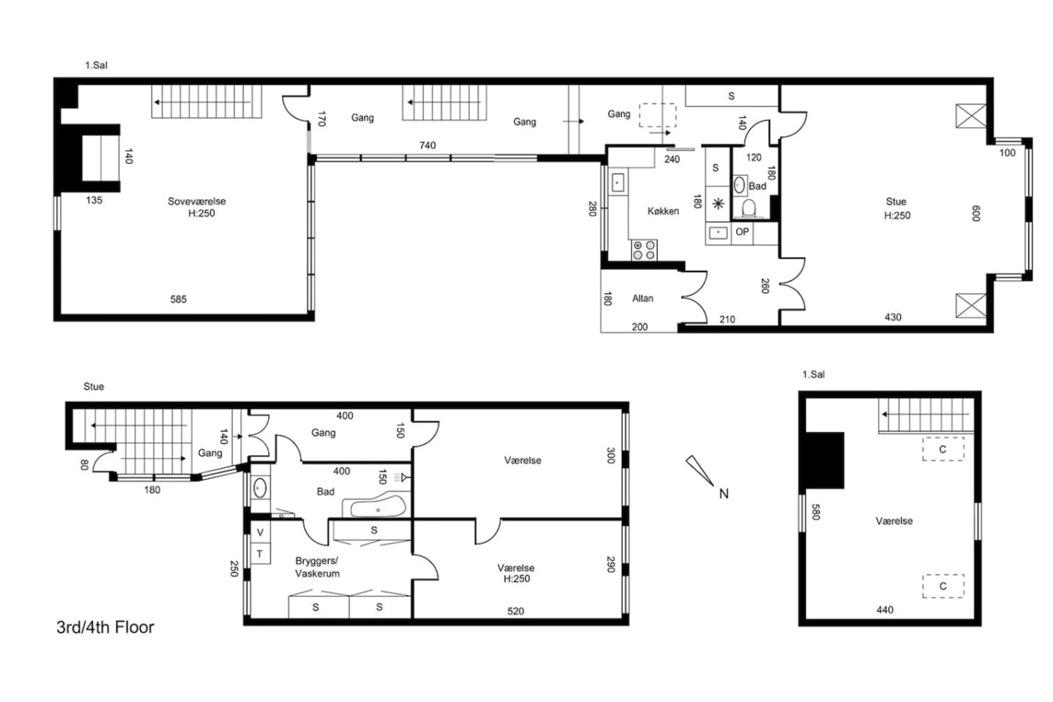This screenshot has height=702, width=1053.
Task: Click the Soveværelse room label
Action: [x=197, y=202]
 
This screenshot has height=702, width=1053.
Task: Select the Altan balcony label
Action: [x=642, y=298]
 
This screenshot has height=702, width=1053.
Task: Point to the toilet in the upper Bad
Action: [x=749, y=209]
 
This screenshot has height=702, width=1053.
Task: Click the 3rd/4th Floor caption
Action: [x=105, y=627]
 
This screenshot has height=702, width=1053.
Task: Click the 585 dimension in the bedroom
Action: [x=178, y=299]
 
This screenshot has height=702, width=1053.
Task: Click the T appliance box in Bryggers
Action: [x=260, y=554]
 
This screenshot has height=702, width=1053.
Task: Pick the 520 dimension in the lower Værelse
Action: [x=516, y=611]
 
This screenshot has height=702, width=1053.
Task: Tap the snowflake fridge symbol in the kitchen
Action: [x=718, y=204]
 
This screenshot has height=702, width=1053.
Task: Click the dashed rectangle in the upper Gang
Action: [x=657, y=115]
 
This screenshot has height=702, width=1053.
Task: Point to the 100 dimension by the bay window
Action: [x=1007, y=153]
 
